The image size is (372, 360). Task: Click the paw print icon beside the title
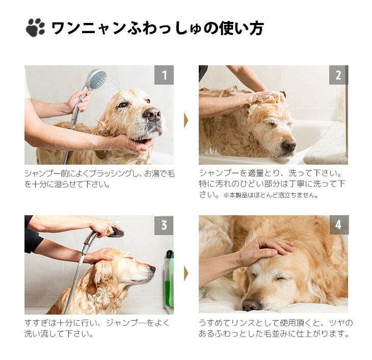(35, 28)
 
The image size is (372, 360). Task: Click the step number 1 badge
(164, 75)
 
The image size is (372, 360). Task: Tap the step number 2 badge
(338, 75)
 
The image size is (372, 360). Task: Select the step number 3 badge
(164, 225)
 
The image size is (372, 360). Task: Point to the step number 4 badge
(339, 225)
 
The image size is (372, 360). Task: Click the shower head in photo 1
(97, 80)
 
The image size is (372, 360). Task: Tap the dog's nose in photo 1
(152, 114)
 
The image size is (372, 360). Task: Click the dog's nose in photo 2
(289, 144)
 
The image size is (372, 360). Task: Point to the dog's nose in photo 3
(152, 269)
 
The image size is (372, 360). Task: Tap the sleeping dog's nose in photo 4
(251, 304)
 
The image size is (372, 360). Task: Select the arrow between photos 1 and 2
(186, 121)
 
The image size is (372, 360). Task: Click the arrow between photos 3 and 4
(186, 274)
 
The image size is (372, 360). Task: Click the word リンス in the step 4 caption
(243, 323)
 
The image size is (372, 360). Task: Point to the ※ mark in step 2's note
(226, 195)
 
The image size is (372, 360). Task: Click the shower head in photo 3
(116, 232)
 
